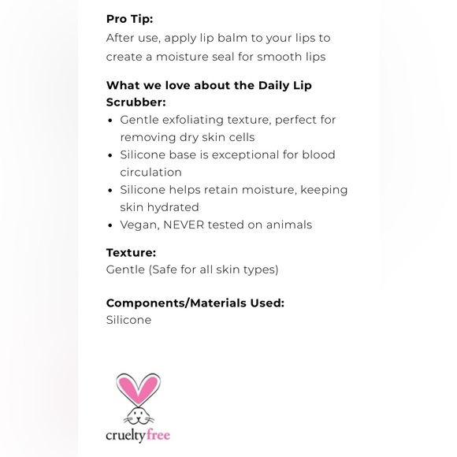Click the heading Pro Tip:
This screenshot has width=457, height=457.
coord(129,19)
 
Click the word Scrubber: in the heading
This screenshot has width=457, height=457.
coord(136,102)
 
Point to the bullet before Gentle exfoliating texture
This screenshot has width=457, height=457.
coord(110,121)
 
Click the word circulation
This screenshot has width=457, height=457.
coord(150,172)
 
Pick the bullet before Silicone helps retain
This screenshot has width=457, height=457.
coord(110,190)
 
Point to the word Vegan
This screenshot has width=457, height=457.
coord(139,225)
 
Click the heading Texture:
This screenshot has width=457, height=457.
coord(131,253)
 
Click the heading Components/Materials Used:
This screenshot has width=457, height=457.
coord(195,303)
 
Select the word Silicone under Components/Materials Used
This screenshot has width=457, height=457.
coord(128,320)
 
